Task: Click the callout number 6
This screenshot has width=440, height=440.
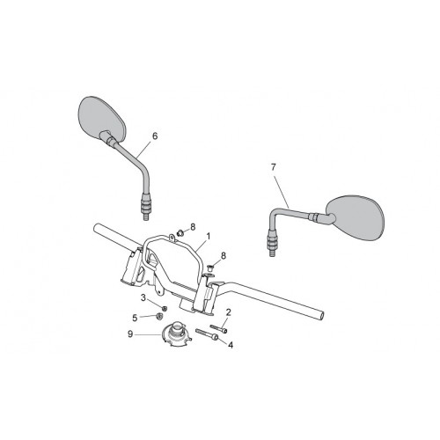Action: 155,136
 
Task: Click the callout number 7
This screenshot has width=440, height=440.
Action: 274,167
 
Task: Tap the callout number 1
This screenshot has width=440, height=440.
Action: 209,236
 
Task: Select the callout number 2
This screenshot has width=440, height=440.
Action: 229,312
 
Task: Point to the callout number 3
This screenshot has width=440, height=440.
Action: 143,298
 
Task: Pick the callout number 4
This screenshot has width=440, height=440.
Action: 231,345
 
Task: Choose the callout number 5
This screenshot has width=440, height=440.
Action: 135,318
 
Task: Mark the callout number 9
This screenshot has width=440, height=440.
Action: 130,334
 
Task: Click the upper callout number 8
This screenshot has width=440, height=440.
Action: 193,227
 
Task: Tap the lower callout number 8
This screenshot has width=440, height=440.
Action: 224,256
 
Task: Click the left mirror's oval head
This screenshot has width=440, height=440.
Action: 102,119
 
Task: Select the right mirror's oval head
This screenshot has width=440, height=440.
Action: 355,217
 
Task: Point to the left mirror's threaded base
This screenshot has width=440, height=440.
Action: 146,206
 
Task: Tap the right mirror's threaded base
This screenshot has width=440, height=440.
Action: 272,242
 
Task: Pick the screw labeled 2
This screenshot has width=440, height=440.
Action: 218,328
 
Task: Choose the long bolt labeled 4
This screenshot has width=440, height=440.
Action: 208,334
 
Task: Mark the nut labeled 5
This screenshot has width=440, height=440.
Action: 159,316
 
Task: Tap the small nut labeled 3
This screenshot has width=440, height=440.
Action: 165,308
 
